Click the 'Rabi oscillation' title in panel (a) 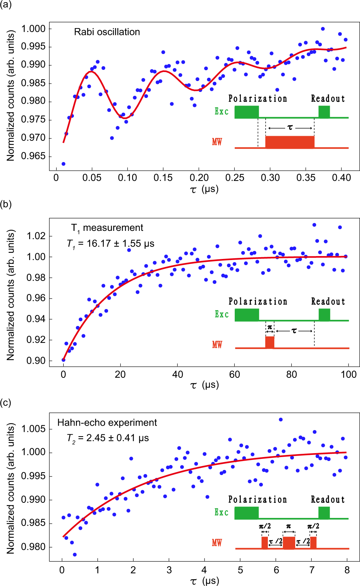(107, 32)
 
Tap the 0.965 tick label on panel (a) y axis (33, 156)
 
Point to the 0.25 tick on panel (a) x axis (234, 178)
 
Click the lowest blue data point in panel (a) (63, 164)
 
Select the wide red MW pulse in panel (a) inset (290, 142)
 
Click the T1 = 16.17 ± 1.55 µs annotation (111, 244)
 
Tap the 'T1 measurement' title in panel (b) (107, 228)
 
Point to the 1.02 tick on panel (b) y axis (36, 236)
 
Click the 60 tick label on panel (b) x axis (234, 375)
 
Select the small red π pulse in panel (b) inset (270, 342)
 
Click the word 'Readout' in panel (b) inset (328, 301)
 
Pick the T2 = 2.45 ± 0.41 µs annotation (108, 438)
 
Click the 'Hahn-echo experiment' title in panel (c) (107, 422)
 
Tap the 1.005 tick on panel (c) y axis (33, 429)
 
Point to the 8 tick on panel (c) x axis (347, 570)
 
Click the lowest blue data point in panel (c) (75, 555)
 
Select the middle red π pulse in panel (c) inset (289, 543)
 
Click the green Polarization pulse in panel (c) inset (247, 513)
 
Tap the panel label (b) (6, 204)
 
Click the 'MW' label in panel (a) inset (217, 142)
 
